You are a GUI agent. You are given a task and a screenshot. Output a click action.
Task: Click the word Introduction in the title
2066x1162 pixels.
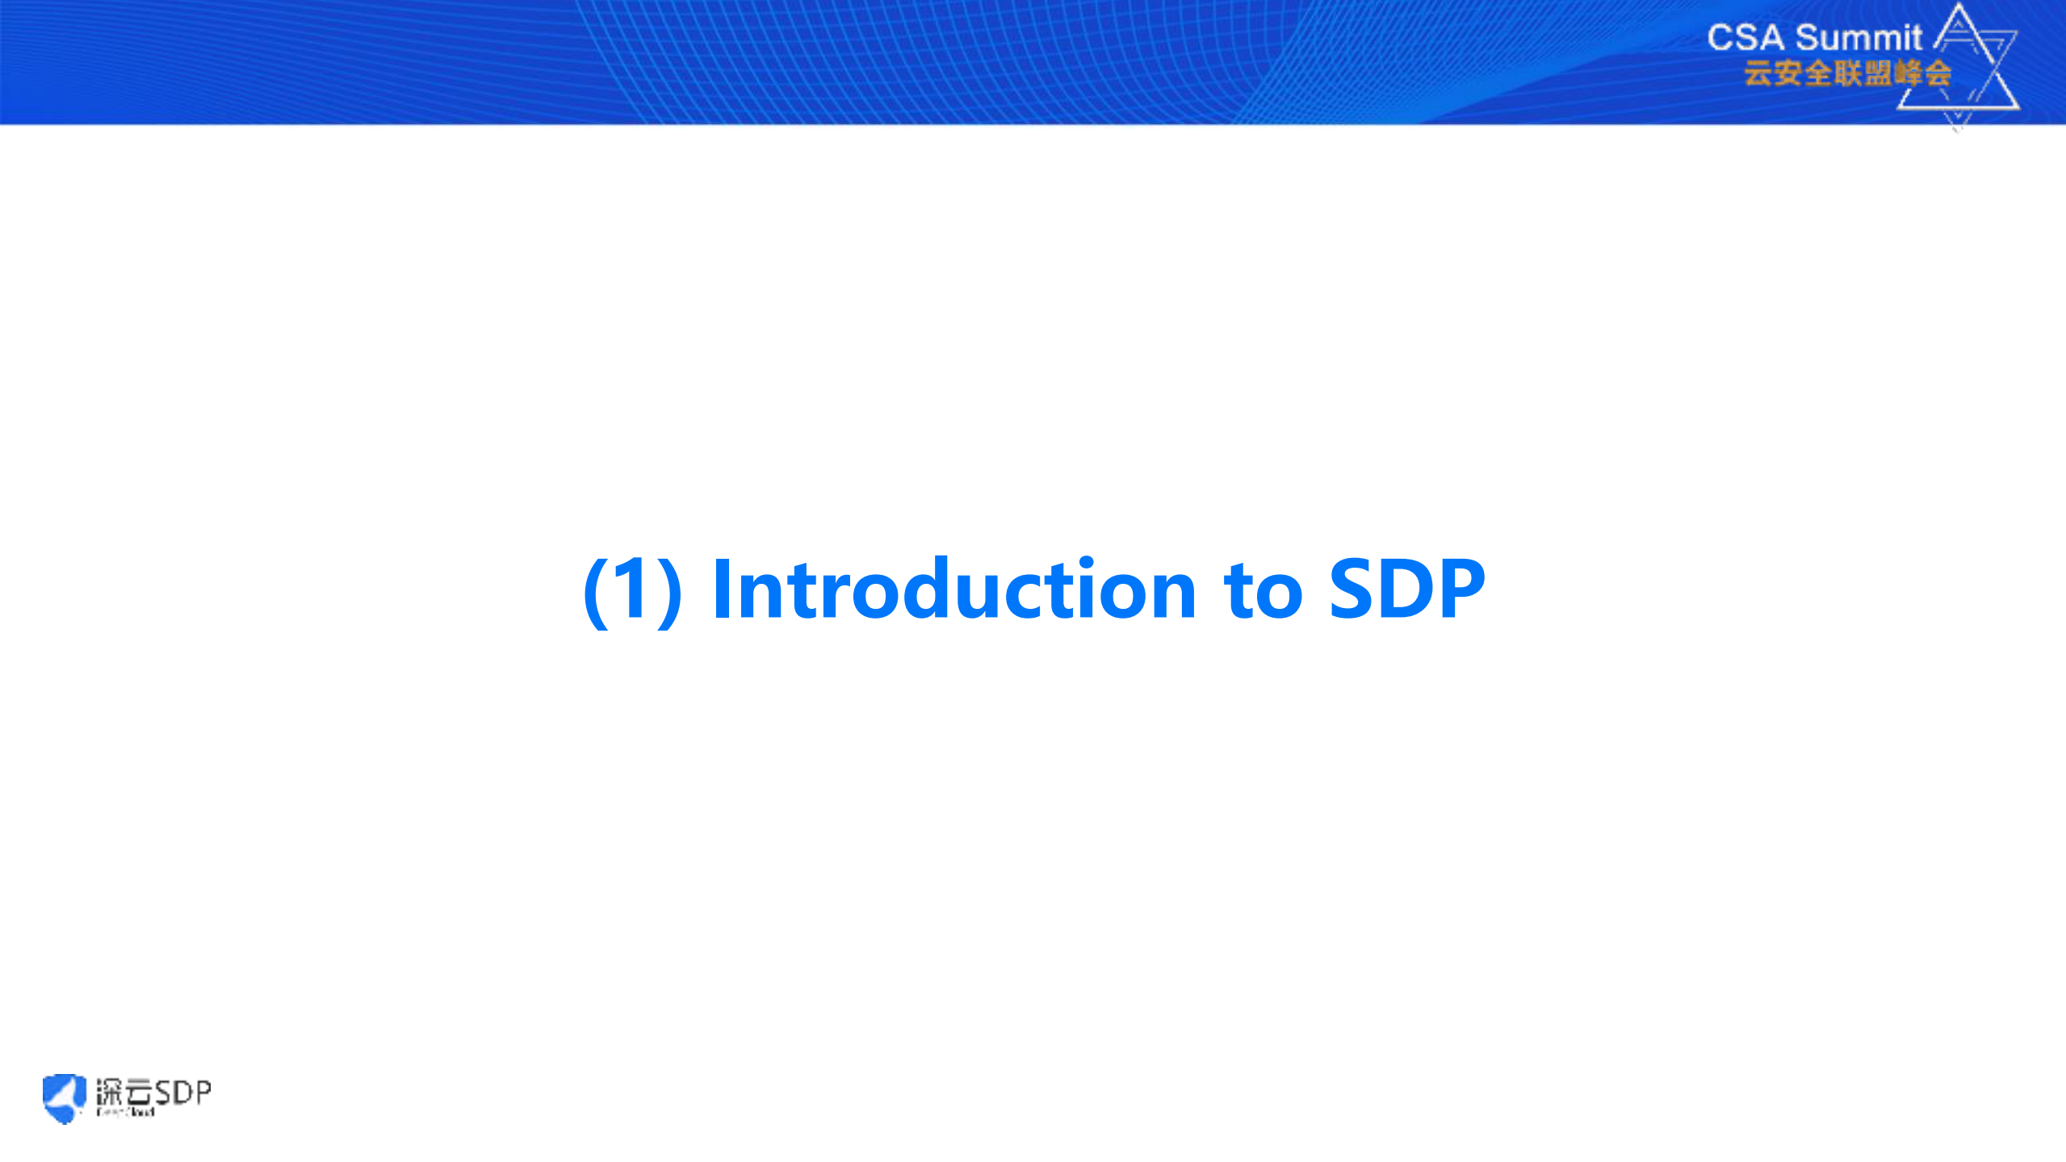pos(953,589)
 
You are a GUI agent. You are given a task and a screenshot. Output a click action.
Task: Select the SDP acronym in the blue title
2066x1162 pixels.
pos(1406,589)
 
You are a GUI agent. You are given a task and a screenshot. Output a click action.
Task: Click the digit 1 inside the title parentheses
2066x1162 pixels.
pos(632,589)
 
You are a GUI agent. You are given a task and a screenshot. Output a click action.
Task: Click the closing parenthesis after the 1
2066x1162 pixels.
pos(669,591)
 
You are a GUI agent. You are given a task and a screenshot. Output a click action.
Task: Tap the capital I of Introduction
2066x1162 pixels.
pos(721,589)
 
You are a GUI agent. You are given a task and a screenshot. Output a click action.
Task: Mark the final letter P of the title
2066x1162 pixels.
pos(1460,589)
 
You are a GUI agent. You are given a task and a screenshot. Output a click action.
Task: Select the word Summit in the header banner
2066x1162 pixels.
pos(1859,38)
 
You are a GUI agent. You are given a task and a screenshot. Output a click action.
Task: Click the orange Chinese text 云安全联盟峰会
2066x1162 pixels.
pos(1847,73)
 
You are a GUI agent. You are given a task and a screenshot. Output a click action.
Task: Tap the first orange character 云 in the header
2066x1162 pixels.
pos(1758,73)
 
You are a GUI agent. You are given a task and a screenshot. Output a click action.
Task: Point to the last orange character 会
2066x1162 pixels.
pos(1938,73)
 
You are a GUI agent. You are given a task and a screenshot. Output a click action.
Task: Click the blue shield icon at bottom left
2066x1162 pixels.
pos(64,1097)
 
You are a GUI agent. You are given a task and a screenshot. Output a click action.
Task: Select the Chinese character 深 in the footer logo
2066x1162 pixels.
pos(109,1093)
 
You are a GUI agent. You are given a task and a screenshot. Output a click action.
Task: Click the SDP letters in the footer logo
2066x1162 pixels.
pos(182,1092)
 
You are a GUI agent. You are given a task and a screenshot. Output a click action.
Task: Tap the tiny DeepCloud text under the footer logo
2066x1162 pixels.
pos(125,1113)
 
